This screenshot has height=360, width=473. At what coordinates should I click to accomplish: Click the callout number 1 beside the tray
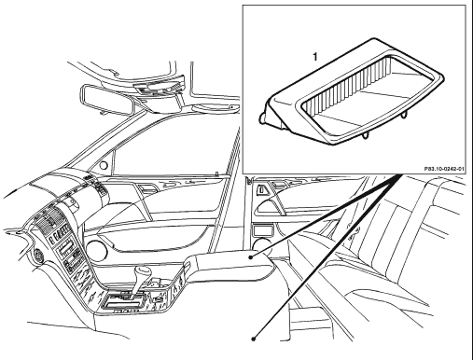(315, 57)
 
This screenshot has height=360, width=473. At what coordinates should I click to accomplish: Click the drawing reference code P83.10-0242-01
(444, 169)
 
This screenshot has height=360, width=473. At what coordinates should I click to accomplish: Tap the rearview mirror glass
(108, 99)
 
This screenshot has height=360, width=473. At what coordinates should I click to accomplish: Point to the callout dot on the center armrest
(251, 257)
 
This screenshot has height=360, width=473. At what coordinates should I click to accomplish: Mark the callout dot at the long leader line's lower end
(254, 339)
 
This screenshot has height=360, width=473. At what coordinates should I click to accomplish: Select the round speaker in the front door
(96, 250)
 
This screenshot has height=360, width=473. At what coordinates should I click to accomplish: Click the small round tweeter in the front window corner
(104, 165)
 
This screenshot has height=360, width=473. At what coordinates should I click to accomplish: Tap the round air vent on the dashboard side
(38, 255)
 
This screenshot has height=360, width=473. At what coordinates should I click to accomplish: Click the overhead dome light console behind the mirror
(157, 86)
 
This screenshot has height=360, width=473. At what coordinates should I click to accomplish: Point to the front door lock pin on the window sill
(216, 173)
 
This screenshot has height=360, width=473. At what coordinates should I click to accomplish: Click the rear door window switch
(260, 189)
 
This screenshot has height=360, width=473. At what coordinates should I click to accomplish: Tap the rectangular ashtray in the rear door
(263, 231)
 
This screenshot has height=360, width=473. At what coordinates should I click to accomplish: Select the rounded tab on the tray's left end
(262, 118)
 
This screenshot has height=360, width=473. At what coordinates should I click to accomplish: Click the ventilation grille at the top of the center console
(49, 220)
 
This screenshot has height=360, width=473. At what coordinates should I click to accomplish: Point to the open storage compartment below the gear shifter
(124, 302)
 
